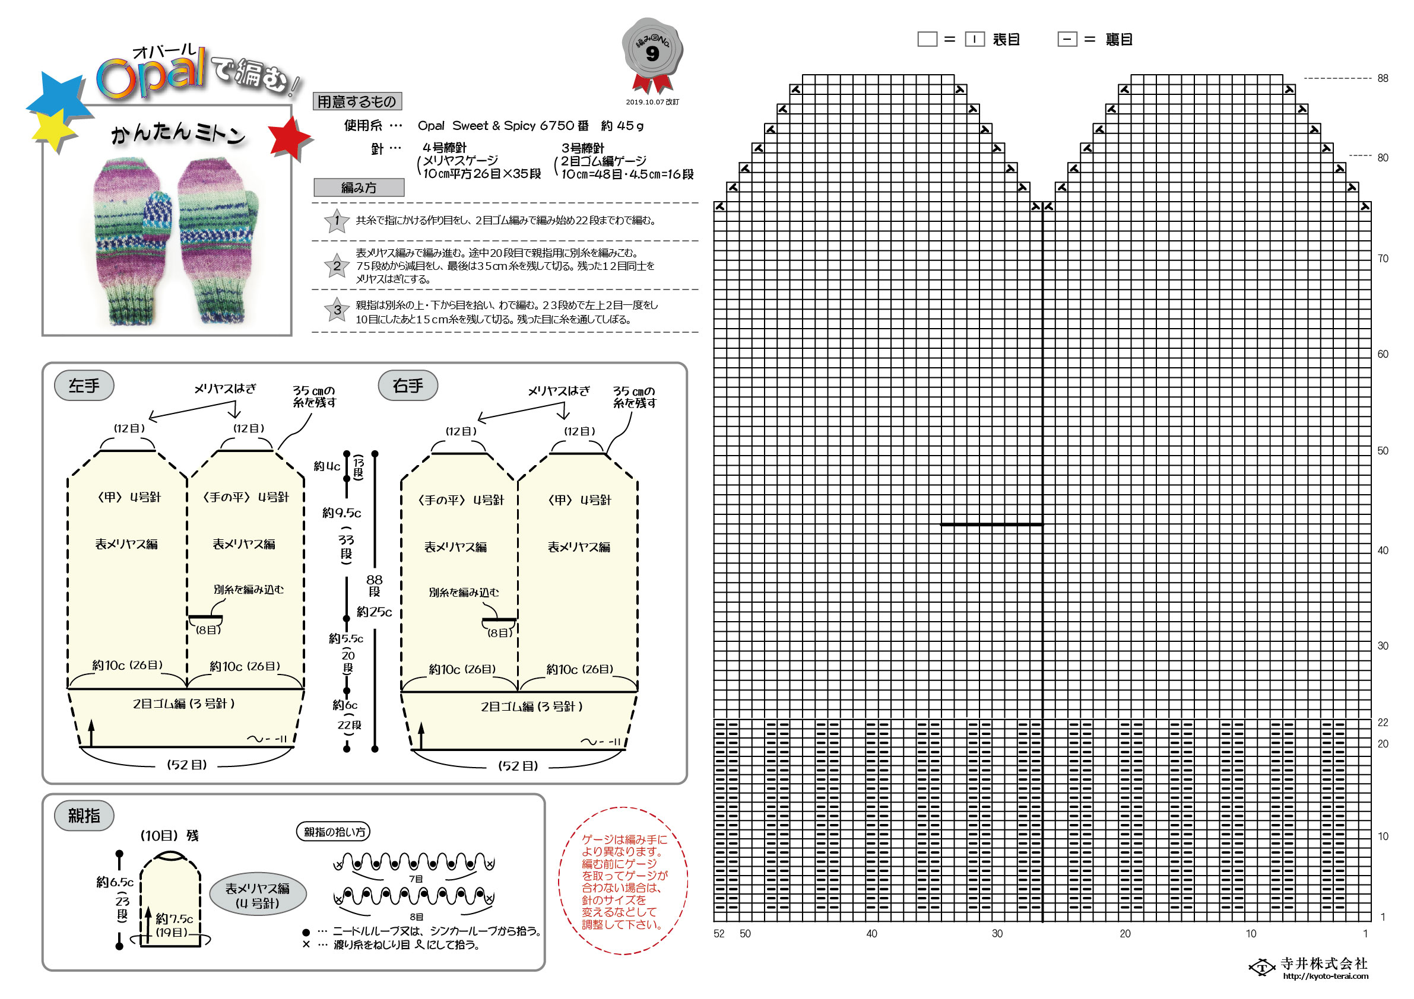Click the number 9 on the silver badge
tap(652, 54)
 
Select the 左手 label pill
tap(84, 386)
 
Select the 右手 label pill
tap(408, 386)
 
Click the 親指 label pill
tap(84, 816)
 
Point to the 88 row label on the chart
tap(1383, 78)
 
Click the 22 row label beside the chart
tap(1383, 722)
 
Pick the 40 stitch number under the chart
tap(871, 934)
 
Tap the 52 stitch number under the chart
tap(719, 934)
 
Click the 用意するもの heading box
tap(357, 101)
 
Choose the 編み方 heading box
tap(359, 187)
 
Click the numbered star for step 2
tap(337, 266)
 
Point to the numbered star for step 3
tap(337, 310)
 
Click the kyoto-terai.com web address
tap(1326, 976)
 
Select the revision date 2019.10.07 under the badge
tap(652, 102)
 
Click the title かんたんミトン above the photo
tap(178, 133)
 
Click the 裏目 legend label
tap(1119, 39)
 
